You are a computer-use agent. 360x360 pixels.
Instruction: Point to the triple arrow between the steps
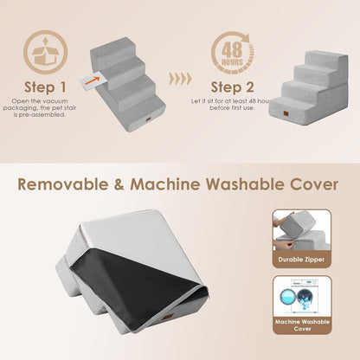click(180, 78)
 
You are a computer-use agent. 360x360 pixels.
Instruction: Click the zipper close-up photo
click(301, 230)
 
